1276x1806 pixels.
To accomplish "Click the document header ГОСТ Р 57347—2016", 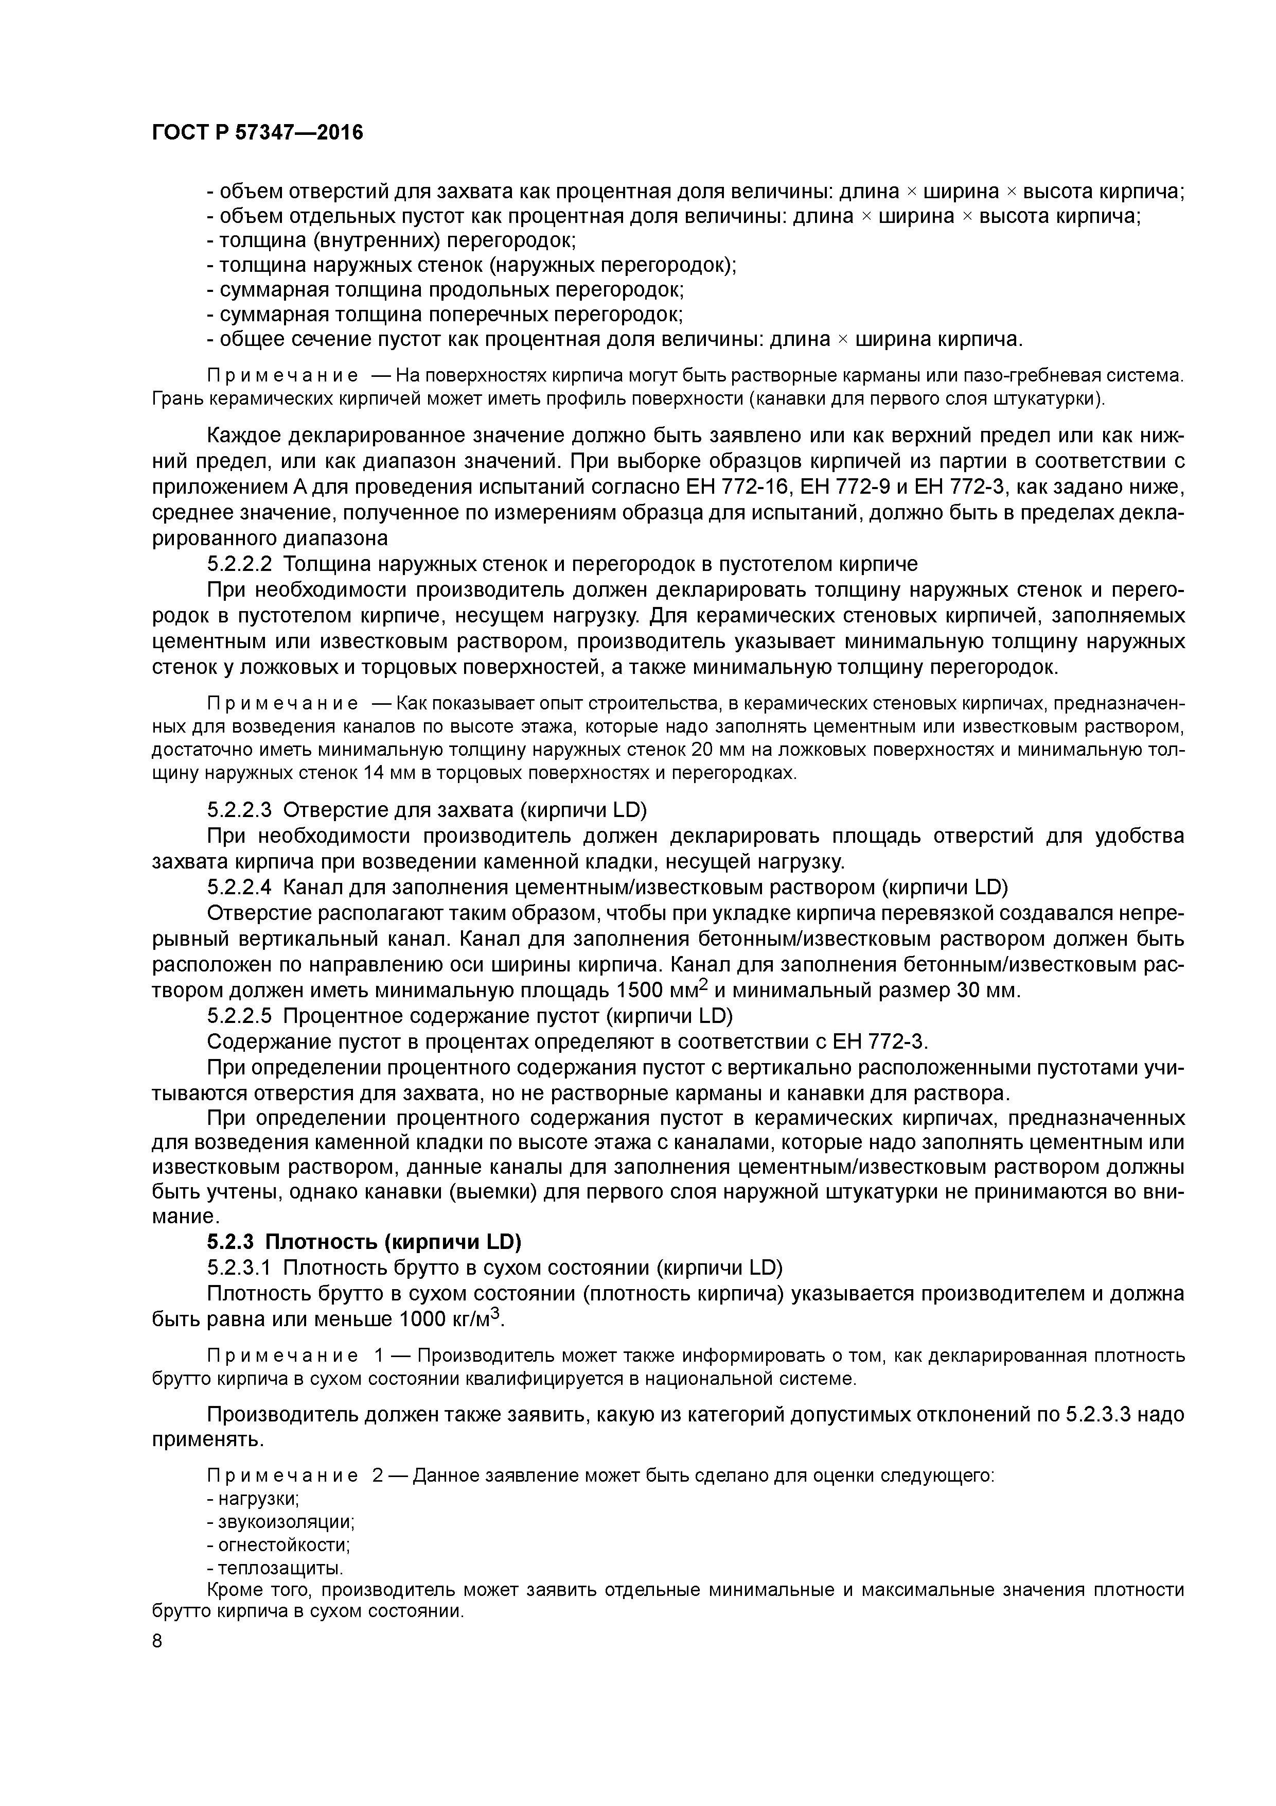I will pyautogui.click(x=257, y=133).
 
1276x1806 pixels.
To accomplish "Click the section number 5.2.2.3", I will pyautogui.click(x=239, y=809).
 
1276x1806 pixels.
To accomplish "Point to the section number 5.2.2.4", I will pyautogui.click(x=239, y=887).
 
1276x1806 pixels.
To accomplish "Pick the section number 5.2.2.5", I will pyautogui.click(x=239, y=1016).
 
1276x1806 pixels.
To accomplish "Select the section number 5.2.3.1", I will pyautogui.click(x=239, y=1268).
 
